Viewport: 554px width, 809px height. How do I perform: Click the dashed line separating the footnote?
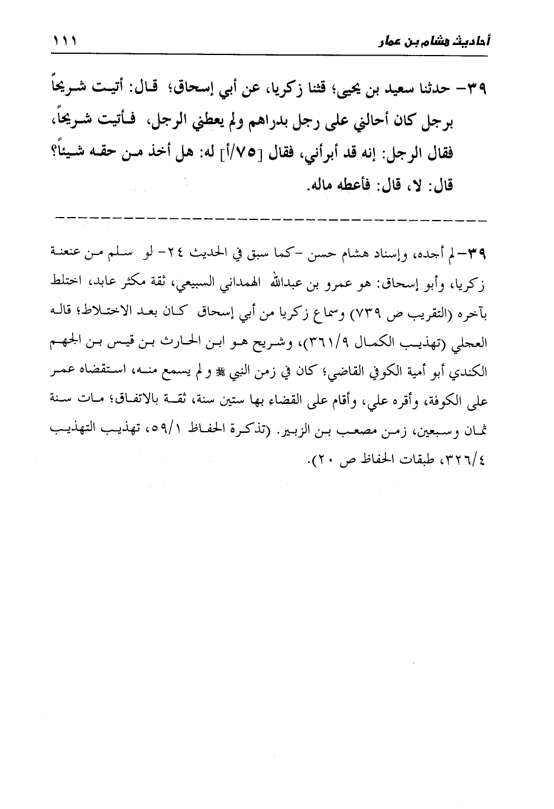click(x=272, y=220)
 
